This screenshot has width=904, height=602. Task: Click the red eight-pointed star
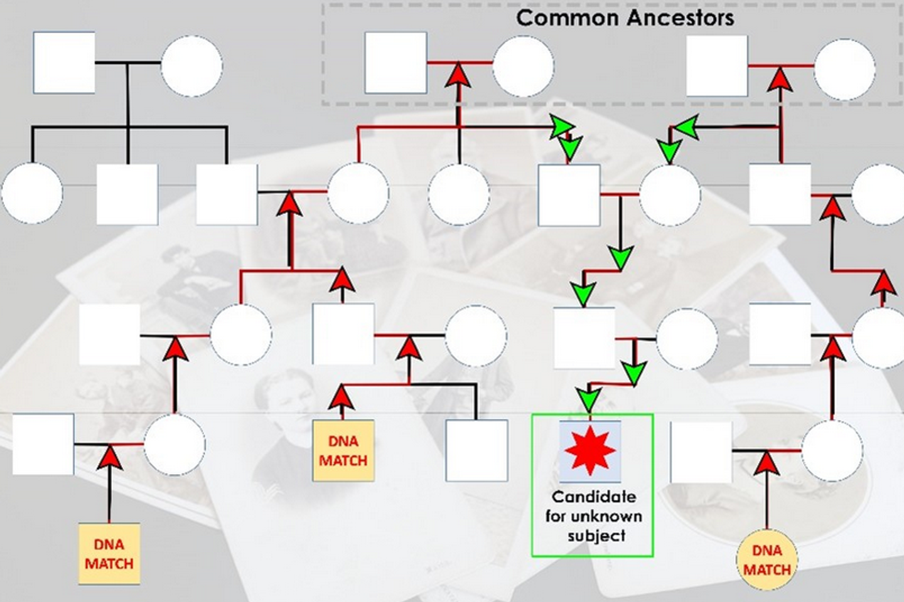pyautogui.click(x=589, y=450)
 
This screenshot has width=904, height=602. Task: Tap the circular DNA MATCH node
pyautogui.click(x=767, y=560)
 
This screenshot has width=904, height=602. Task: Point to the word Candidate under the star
pyautogui.click(x=593, y=497)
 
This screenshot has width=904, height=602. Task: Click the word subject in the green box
pyautogui.click(x=596, y=536)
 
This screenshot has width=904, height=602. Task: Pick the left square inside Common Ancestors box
pyautogui.click(x=395, y=63)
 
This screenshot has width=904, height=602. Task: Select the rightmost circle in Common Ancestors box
pyautogui.click(x=844, y=70)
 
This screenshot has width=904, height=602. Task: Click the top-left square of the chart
pyautogui.click(x=64, y=63)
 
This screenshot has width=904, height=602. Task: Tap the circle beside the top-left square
pyautogui.click(x=191, y=66)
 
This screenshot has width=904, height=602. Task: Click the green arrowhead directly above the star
pyautogui.click(x=589, y=399)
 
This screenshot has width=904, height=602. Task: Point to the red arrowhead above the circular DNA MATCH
pyautogui.click(x=766, y=463)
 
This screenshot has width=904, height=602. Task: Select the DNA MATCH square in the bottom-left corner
pyautogui.click(x=109, y=554)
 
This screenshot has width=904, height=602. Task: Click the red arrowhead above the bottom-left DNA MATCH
pyautogui.click(x=110, y=457)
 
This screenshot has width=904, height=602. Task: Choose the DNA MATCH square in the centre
pyautogui.click(x=343, y=451)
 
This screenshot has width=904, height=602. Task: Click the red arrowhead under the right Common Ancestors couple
pyautogui.click(x=780, y=80)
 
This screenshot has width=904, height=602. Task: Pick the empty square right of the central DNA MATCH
pyautogui.click(x=476, y=450)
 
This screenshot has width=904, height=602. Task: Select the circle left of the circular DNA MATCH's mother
pyautogui.click(x=687, y=339)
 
